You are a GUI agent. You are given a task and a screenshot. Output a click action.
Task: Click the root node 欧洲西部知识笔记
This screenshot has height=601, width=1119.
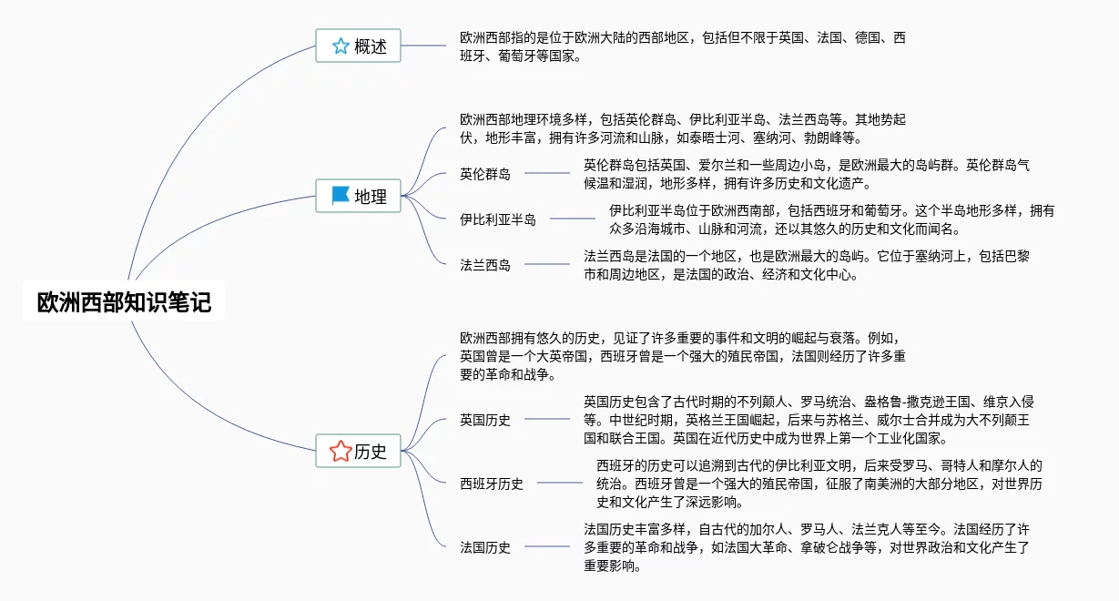tap(124, 302)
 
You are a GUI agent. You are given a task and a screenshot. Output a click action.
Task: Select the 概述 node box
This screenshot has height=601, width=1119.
tap(358, 46)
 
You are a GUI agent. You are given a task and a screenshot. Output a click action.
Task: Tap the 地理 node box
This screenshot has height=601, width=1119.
tap(358, 196)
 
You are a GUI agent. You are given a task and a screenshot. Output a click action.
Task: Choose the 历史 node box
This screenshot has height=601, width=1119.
tap(358, 451)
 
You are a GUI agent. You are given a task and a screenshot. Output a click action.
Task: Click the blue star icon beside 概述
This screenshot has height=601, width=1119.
tap(341, 46)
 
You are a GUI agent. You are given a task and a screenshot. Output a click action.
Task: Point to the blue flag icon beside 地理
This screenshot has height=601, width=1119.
tap(341, 196)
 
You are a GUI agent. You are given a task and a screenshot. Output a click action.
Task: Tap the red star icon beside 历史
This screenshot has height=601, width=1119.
tap(341, 451)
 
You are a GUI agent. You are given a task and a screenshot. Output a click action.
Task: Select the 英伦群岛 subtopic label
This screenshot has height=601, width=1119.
tap(485, 174)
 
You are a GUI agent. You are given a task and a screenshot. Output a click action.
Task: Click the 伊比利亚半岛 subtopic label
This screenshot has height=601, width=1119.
tap(498, 219)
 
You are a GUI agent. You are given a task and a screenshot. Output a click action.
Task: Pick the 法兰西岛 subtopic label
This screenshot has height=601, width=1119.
tap(485, 265)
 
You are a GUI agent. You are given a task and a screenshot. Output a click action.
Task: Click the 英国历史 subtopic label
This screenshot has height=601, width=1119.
tap(485, 420)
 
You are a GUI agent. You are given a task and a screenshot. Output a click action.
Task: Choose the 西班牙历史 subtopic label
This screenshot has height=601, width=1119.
tap(492, 484)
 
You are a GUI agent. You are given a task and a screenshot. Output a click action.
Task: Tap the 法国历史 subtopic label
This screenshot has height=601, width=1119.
tap(485, 547)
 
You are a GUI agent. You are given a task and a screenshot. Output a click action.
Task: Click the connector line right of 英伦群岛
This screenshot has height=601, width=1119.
tap(546, 173)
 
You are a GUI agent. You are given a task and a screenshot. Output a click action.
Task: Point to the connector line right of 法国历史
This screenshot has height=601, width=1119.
tap(546, 547)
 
